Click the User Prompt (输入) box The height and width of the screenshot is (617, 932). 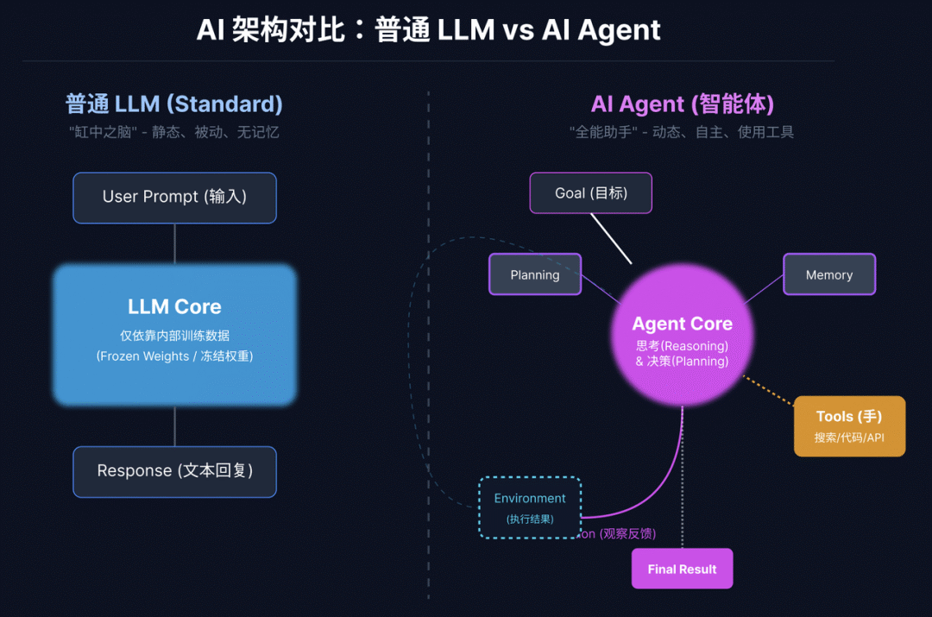point(174,198)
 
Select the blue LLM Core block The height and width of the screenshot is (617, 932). point(174,335)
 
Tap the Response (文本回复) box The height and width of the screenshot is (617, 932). point(174,472)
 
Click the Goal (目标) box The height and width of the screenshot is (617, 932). point(591,193)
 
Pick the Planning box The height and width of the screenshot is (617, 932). point(535,274)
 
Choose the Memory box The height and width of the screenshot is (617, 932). point(829,274)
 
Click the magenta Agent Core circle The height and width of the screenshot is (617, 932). point(682,335)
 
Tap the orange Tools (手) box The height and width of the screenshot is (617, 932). point(849,426)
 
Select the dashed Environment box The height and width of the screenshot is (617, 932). point(530,507)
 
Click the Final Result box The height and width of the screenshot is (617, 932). point(682,569)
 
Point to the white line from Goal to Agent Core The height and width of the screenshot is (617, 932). point(611,238)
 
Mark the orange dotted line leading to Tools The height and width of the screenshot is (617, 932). point(769,391)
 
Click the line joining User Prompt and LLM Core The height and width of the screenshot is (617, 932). point(174,244)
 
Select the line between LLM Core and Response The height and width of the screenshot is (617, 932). point(174,426)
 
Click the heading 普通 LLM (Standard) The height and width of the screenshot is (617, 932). point(174,104)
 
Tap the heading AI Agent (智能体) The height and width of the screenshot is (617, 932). point(683,104)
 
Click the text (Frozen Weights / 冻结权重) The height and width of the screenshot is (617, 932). point(174,356)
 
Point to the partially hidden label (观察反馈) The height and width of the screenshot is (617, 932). point(627,534)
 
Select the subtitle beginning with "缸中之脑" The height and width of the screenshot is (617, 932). point(173,132)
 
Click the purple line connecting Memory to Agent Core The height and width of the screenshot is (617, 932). point(764,289)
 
